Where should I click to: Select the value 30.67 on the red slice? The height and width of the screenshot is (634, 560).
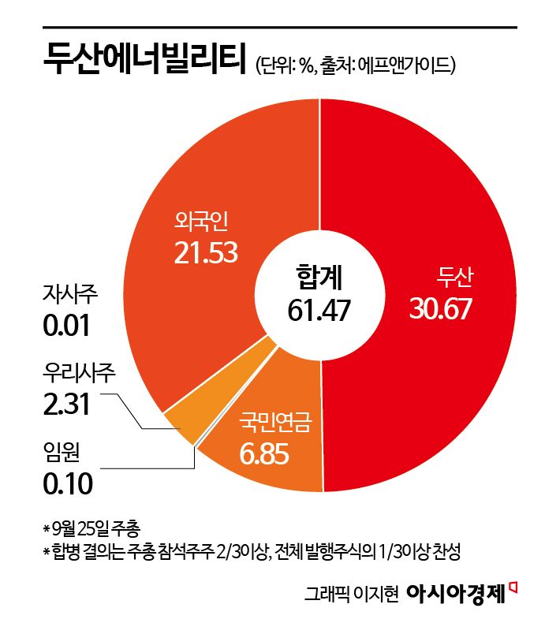(x=440, y=308)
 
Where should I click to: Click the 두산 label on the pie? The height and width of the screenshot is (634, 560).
(x=454, y=278)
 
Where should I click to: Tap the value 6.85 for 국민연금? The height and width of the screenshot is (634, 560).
(x=264, y=455)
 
